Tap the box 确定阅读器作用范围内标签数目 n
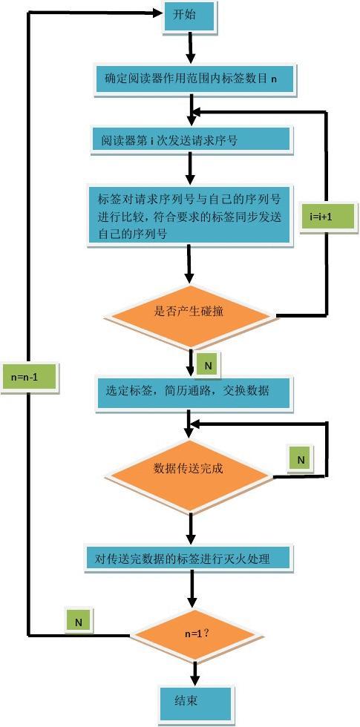[x=194, y=79]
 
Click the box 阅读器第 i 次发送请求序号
[x=191, y=140]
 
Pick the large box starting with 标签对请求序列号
[x=190, y=215]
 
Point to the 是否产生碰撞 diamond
[x=189, y=312]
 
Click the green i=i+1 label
[x=320, y=218]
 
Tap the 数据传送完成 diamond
[x=189, y=469]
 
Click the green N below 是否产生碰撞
[x=208, y=366]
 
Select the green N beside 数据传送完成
[x=301, y=460]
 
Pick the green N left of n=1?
[x=78, y=622]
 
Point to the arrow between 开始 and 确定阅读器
[x=191, y=48]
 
